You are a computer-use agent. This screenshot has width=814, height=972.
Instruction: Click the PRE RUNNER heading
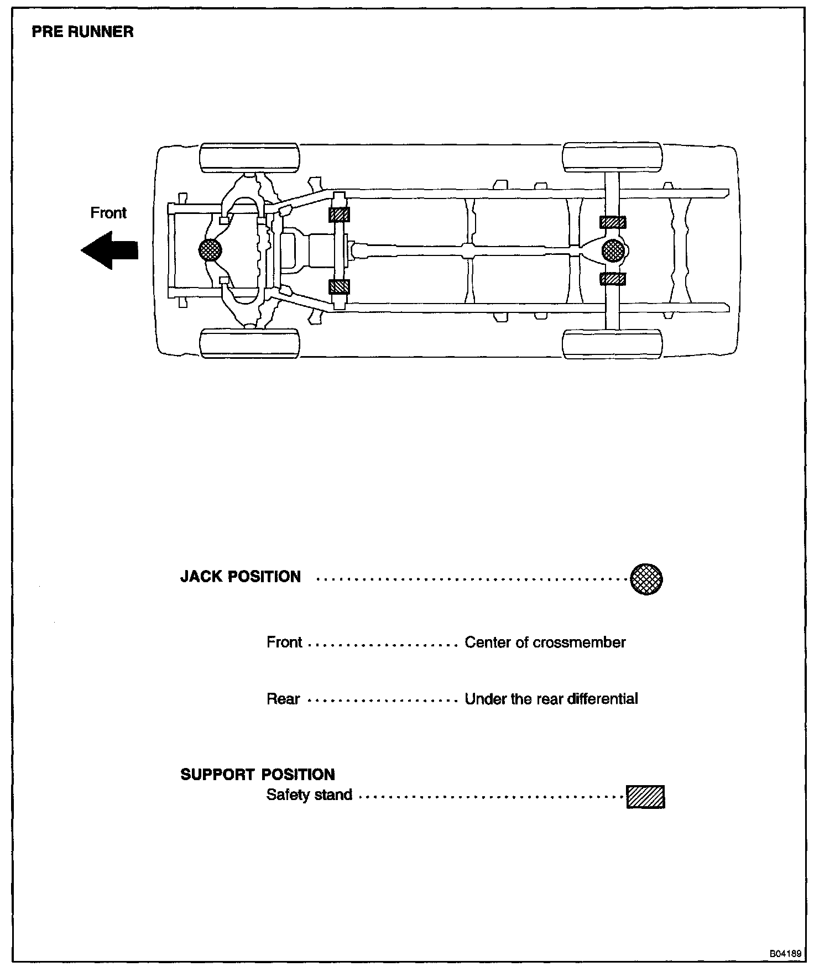coord(82,32)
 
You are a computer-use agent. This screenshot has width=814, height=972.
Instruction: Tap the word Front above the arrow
coord(108,213)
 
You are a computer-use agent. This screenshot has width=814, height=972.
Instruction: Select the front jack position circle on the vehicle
coord(211,250)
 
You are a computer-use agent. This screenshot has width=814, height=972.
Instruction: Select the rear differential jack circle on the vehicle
coord(613,250)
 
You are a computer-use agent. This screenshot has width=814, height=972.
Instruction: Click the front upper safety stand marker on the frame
coord(339,215)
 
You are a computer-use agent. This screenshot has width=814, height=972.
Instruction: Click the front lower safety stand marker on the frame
coord(339,286)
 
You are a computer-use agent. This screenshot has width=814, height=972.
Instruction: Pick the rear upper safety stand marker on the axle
coord(613,222)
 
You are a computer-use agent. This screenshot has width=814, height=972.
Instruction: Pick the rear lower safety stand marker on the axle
coord(613,279)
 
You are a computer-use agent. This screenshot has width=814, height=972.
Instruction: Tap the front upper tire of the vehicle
coord(249,158)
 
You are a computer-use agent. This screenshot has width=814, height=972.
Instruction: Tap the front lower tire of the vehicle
coord(249,343)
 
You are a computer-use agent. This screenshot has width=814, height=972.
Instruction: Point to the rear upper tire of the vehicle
coord(612,157)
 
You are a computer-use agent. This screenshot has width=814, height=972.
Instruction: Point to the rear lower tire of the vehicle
coord(612,344)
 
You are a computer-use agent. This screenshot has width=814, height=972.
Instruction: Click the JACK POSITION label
coord(241,577)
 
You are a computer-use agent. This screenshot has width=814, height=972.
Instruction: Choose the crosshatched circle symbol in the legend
coord(646,579)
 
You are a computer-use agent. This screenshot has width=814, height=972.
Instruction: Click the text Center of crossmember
coord(545,642)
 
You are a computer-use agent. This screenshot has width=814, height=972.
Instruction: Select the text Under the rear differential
coord(551,699)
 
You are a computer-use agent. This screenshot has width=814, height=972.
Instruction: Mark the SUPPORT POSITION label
coord(258,775)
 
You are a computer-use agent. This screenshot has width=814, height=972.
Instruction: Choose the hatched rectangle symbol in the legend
coord(645,797)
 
